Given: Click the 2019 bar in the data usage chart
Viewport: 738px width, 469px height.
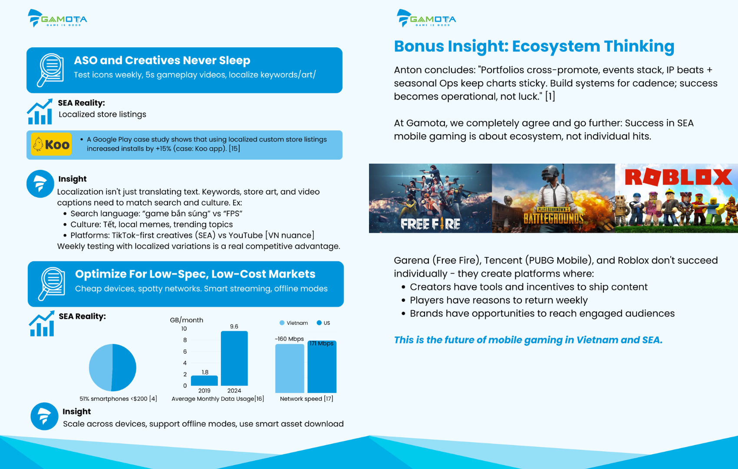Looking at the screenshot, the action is click(204, 380).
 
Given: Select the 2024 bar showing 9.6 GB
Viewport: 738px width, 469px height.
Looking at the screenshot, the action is click(234, 358).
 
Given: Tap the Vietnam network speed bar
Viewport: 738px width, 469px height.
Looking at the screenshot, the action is click(290, 368).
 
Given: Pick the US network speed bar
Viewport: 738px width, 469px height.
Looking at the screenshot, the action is click(322, 367).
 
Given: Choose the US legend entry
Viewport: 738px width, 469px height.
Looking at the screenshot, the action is click(323, 323).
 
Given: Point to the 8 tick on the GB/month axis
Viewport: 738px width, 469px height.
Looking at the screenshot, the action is click(185, 340).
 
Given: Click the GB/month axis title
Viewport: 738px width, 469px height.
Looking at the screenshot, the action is click(187, 320).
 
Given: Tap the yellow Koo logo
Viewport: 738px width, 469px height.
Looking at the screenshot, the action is click(51, 144).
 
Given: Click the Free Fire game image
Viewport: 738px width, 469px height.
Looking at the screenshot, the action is click(430, 198).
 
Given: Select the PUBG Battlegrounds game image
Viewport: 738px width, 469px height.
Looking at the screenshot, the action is click(553, 198).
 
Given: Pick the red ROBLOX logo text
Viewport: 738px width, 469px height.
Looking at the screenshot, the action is click(678, 177).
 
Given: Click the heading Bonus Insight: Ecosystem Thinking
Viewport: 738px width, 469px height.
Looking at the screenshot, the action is click(534, 46).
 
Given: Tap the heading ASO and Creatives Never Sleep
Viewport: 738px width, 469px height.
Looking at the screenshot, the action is click(162, 60).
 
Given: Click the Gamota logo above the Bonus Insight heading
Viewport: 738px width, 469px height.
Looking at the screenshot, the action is click(426, 18).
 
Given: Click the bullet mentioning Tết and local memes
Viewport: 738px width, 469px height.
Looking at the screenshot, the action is click(152, 225).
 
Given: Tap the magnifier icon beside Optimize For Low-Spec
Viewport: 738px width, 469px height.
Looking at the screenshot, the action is click(52, 284).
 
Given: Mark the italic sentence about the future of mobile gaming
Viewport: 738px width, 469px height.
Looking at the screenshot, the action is click(528, 340).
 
